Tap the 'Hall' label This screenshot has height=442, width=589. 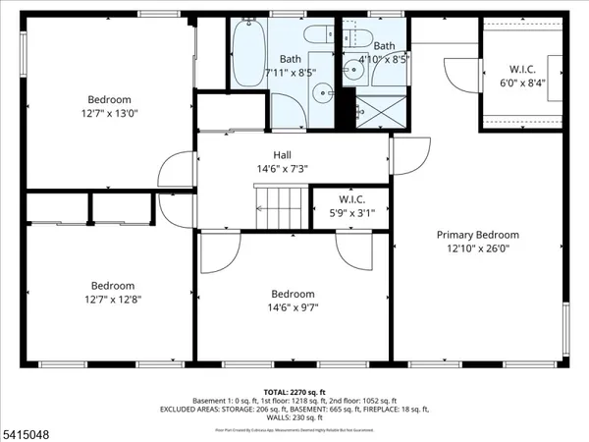282,154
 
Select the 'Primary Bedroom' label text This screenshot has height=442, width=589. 478,235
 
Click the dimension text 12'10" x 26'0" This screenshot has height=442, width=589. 478,249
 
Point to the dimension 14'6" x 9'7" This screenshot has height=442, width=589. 293,307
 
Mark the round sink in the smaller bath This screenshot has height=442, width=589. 352,69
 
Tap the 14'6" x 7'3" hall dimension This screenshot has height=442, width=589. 282,168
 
